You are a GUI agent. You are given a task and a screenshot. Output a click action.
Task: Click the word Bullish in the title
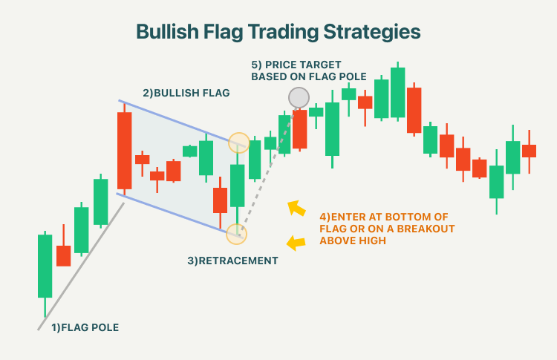click(167, 32)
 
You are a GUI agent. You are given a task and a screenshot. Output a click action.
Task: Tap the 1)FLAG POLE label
click(85, 327)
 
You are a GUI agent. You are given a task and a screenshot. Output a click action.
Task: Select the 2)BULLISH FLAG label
click(186, 93)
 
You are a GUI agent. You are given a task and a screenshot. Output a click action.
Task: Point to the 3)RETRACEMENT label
click(232, 261)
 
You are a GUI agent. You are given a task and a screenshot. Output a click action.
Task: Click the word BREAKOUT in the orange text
click(426, 229)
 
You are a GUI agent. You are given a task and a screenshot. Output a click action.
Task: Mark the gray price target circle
click(299, 98)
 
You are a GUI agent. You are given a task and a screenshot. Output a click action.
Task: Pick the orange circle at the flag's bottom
click(236, 235)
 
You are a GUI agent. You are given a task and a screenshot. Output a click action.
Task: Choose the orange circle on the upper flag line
click(238, 143)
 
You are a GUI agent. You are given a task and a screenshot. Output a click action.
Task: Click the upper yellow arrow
click(296, 208)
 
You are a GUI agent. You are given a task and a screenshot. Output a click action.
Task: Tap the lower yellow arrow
click(296, 243)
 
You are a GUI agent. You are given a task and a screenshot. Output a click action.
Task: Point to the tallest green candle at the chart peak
click(397, 92)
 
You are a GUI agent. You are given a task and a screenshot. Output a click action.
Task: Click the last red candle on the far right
click(529, 151)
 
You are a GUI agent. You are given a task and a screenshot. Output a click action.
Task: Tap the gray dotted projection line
click(268, 171)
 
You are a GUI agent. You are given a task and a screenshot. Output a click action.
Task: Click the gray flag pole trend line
click(81, 266)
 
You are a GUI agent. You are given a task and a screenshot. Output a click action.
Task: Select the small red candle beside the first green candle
click(64, 255)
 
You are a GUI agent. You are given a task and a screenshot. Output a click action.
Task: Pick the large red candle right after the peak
click(414, 110)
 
